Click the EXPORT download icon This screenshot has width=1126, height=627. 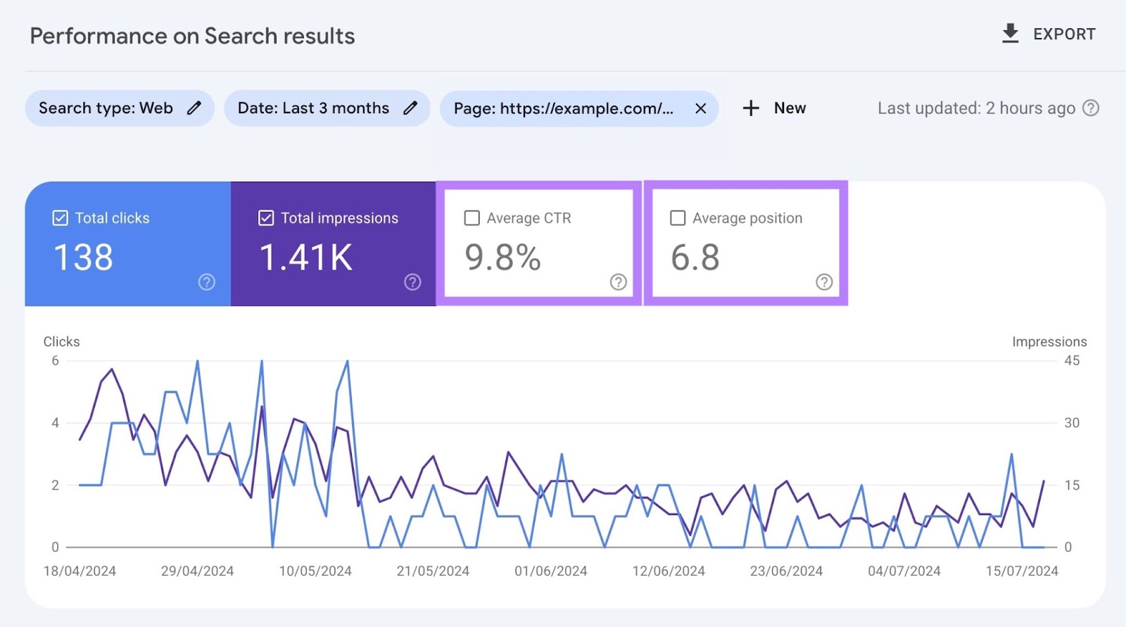[x=1010, y=34]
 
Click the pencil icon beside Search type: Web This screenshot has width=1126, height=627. [x=194, y=108]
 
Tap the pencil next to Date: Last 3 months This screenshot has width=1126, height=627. [x=410, y=108]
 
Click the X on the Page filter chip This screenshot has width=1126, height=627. [x=700, y=108]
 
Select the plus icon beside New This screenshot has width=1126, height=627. [x=751, y=108]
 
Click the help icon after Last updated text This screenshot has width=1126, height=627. [x=1091, y=108]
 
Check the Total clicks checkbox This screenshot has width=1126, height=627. [x=61, y=218]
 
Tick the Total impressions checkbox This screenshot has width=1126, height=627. [x=266, y=218]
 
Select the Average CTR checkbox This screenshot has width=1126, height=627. [x=472, y=218]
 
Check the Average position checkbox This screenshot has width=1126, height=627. [x=678, y=218]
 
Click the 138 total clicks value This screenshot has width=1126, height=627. [x=83, y=258]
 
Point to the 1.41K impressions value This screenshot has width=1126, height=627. [x=306, y=258]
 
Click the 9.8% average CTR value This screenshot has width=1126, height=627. [x=502, y=258]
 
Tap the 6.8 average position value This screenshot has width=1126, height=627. [x=695, y=258]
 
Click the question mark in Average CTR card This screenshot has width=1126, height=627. [x=618, y=282]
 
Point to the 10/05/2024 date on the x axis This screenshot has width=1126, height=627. [x=315, y=571]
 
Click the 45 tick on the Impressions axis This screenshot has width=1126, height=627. [x=1072, y=361]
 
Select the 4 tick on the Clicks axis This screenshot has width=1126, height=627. [x=55, y=423]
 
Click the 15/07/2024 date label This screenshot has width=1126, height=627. [x=1022, y=571]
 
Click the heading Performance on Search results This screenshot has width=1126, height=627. [x=192, y=36]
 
